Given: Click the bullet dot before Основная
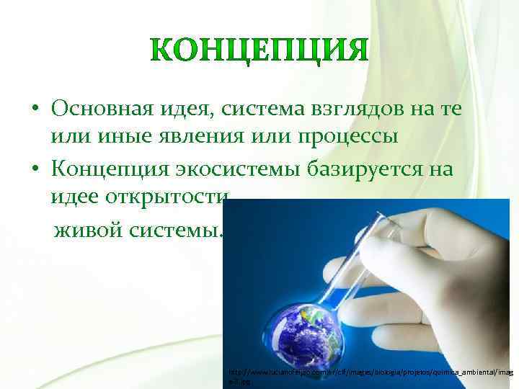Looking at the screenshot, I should click(35, 109).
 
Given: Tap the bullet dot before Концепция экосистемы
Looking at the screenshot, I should click(35, 171).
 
